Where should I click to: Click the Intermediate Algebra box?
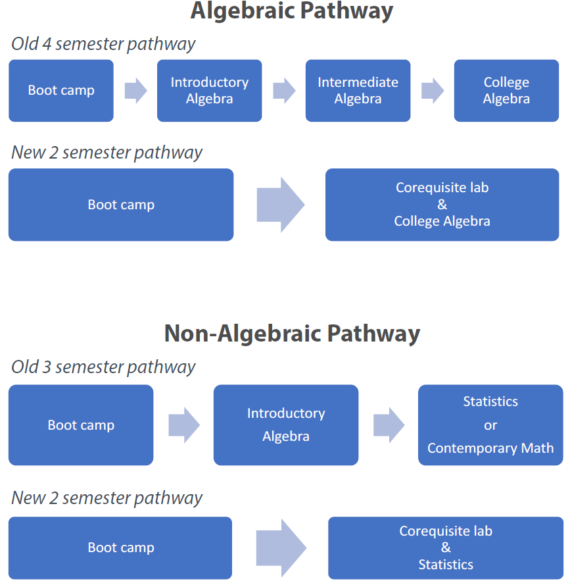(x=358, y=91)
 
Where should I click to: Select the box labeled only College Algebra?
(x=506, y=91)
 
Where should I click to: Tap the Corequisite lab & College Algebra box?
(x=442, y=205)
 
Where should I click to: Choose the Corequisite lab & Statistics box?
(x=446, y=548)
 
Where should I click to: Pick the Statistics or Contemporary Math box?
(x=490, y=425)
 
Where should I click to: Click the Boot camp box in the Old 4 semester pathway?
(x=61, y=91)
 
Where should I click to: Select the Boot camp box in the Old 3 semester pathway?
(x=81, y=425)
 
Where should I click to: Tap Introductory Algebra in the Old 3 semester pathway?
(x=286, y=425)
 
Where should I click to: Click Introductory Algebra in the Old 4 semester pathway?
(x=209, y=91)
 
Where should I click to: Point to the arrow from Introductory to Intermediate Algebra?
(x=284, y=91)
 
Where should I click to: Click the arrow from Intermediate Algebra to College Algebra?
(x=433, y=91)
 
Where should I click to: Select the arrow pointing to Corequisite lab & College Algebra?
(x=280, y=205)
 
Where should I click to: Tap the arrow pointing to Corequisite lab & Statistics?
(x=281, y=547)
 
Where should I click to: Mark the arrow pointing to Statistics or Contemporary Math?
(x=389, y=425)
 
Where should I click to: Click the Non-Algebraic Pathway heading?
(x=292, y=333)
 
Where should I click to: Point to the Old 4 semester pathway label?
(x=103, y=44)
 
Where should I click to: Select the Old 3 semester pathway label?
(x=103, y=367)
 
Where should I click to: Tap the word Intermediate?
(x=358, y=82)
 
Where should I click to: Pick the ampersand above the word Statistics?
(x=446, y=547)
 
